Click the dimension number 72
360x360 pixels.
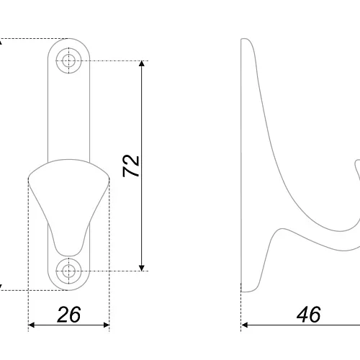coord(131,166)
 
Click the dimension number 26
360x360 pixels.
coord(69,315)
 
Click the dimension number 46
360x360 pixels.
coord(309,315)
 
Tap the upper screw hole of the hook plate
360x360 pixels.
coord(68,60)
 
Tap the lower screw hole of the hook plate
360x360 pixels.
coord(68,271)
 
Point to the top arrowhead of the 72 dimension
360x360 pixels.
coord(142,63)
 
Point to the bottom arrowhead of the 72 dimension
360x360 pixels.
coord(142,268)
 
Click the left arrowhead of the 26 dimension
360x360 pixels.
coord(32,325)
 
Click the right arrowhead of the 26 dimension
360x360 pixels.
coord(107,325)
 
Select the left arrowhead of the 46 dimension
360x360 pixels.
coord(244,325)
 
